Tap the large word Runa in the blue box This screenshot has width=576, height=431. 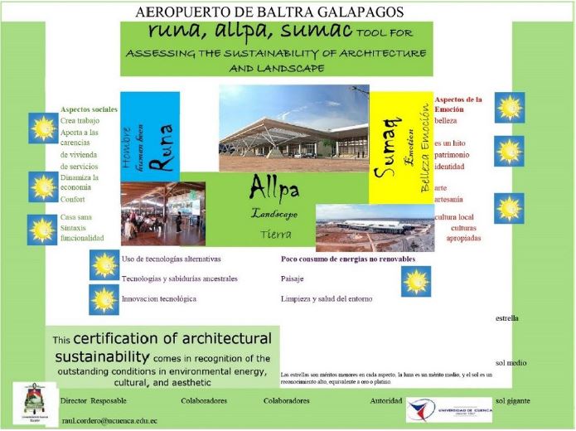point(162,147)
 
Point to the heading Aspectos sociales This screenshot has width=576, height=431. point(89,109)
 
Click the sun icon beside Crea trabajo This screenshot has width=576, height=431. point(41,128)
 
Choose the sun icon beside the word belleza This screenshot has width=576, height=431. point(509,108)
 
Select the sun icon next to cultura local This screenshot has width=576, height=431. point(509,208)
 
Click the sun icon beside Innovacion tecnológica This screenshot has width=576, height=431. point(104,299)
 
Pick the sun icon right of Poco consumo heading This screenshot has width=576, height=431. point(416,281)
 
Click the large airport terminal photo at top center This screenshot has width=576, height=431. point(293,127)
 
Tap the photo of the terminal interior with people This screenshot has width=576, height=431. point(150,213)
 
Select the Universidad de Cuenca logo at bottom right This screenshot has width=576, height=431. point(448,409)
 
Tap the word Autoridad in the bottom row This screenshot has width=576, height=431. point(385,401)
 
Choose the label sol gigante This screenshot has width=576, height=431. point(513,401)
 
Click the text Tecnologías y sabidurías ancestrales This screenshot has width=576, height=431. point(179,278)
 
